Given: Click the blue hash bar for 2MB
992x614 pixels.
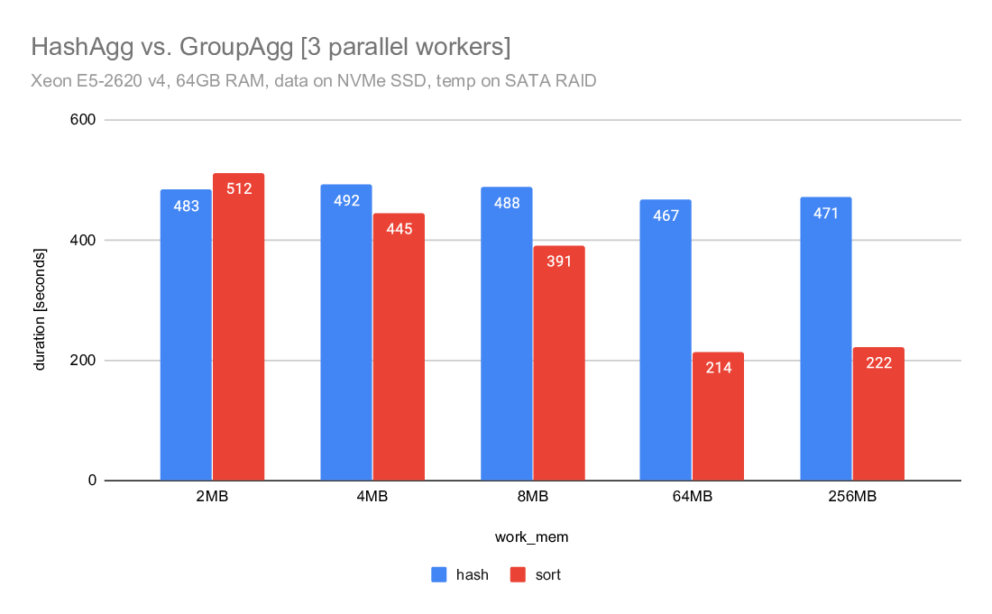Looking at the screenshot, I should point(186,334).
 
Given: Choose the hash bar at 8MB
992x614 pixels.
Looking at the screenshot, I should point(507,334).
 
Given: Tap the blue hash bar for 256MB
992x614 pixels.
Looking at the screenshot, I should point(826,339).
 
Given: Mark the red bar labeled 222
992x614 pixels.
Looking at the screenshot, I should point(878,414).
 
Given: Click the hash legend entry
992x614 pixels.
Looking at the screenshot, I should point(461,574).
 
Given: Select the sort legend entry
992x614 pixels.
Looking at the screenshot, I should point(536,574).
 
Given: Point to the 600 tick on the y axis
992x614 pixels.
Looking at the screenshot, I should point(87,120).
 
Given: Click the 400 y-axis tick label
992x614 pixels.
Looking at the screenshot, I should point(87,241).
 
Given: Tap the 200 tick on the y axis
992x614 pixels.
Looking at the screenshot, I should point(87,361).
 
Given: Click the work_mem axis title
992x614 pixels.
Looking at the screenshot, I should point(532,536).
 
